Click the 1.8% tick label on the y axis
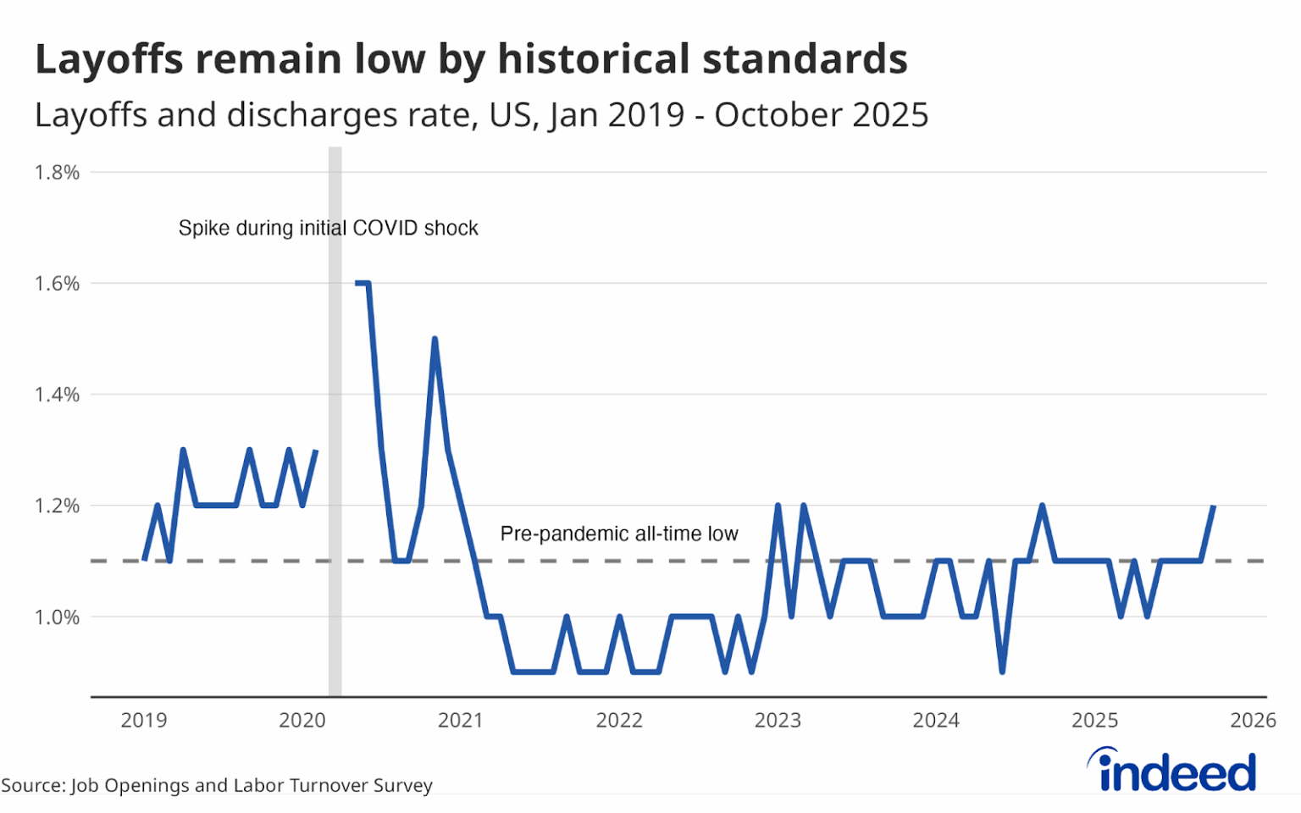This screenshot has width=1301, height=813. (57, 173)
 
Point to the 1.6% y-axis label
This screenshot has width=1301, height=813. (57, 284)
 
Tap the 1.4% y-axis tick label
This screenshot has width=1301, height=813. (57, 395)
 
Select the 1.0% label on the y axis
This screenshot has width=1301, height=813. (57, 617)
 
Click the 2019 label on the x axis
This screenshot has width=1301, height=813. (144, 720)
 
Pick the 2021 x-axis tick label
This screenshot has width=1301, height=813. (461, 720)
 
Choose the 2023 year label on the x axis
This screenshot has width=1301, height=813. (778, 720)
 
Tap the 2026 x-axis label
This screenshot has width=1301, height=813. (1254, 720)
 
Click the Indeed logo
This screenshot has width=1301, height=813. (1171, 770)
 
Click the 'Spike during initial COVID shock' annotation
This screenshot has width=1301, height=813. (328, 228)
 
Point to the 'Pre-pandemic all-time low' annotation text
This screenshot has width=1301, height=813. (619, 534)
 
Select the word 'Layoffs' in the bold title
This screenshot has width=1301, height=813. (109, 59)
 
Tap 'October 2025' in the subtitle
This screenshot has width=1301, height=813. (822, 115)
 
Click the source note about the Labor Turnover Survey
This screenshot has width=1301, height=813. (217, 786)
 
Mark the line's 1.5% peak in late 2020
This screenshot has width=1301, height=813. (435, 339)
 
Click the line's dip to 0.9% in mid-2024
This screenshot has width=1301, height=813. (1003, 672)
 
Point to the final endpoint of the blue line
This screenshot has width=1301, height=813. (1214, 506)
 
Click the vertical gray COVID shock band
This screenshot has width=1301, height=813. (335, 422)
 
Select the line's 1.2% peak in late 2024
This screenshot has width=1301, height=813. (1042, 506)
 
